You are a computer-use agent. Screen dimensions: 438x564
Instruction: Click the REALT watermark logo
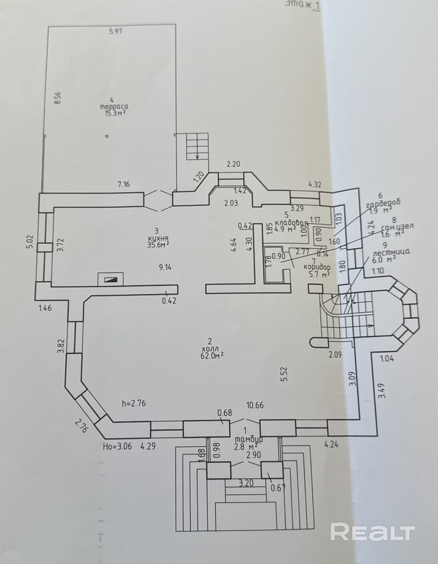click(x=373, y=532)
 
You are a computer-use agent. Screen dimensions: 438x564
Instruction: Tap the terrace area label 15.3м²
click(x=113, y=112)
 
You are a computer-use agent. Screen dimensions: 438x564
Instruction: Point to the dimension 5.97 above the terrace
click(x=116, y=32)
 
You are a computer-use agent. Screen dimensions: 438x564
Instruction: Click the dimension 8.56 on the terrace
click(x=58, y=100)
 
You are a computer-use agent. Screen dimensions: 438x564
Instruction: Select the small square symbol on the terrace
click(x=107, y=137)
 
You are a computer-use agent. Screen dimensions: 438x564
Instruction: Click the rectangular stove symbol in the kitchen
click(x=110, y=279)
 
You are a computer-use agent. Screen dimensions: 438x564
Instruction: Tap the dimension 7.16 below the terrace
click(x=123, y=184)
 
